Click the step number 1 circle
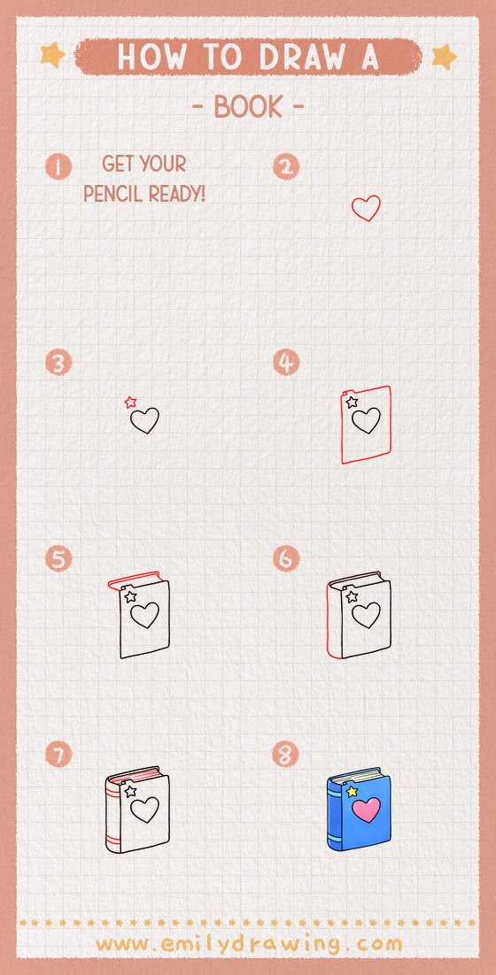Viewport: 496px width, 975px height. pyautogui.click(x=58, y=166)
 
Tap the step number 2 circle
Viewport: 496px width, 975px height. pyautogui.click(x=286, y=166)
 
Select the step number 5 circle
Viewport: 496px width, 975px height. pyautogui.click(x=58, y=559)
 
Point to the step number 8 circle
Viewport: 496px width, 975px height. pyautogui.click(x=286, y=755)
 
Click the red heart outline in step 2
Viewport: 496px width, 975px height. pyautogui.click(x=366, y=209)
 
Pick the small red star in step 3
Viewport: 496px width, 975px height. pyautogui.click(x=130, y=403)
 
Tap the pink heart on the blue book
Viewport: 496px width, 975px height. pyautogui.click(x=366, y=809)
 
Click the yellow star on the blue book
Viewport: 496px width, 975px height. pyautogui.click(x=352, y=790)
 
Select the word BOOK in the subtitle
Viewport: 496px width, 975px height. pyautogui.click(x=248, y=107)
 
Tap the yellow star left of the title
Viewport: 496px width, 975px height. pyautogui.click(x=53, y=57)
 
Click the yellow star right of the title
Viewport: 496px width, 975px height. pyautogui.click(x=443, y=58)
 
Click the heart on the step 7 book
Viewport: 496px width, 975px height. pyautogui.click(x=144, y=809)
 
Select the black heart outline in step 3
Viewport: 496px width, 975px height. pyautogui.click(x=144, y=419)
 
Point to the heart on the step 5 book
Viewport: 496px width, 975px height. pyautogui.click(x=144, y=613)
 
